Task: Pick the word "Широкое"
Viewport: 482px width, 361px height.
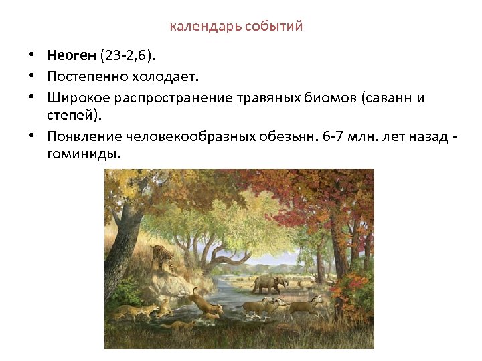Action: click(75, 99)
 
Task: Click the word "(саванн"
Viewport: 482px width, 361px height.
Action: click(386, 99)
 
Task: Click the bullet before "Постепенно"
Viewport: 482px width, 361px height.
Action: click(31, 76)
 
